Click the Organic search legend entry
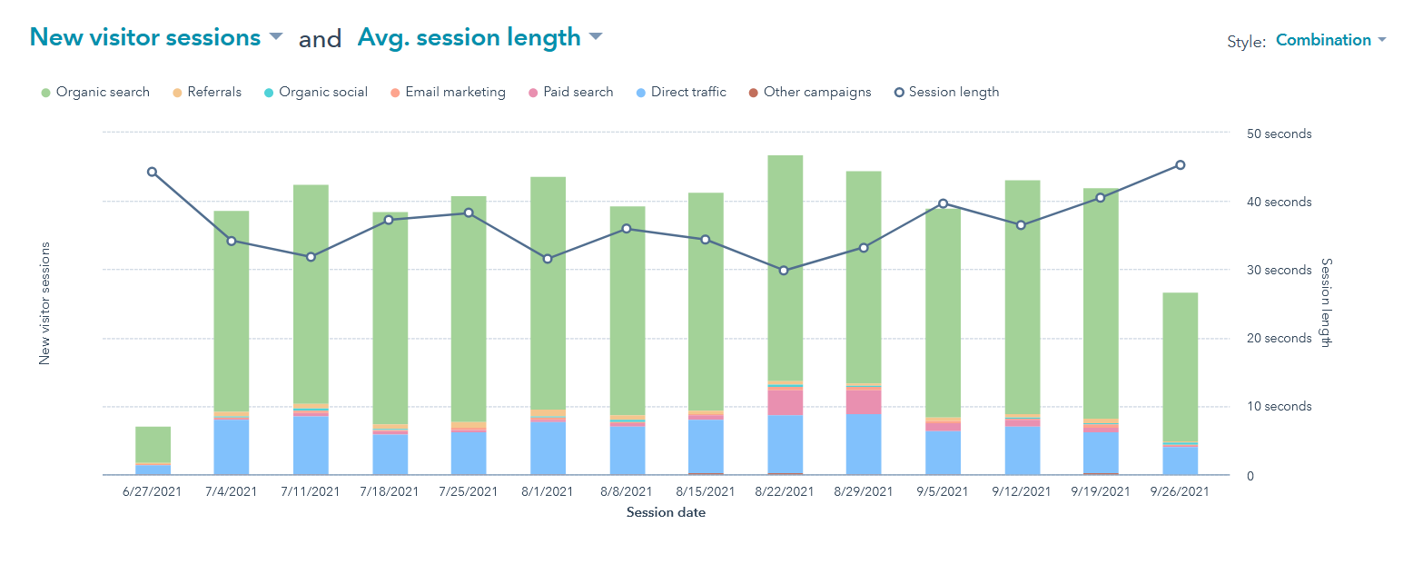(x=95, y=92)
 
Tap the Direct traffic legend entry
(x=681, y=92)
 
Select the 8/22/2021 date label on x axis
(x=785, y=491)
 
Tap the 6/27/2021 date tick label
(x=153, y=491)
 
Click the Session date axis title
(x=666, y=512)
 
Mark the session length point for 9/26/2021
(x=1180, y=165)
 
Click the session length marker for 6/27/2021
(x=152, y=172)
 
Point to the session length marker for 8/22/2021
(x=785, y=271)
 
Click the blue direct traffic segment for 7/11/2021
(x=311, y=445)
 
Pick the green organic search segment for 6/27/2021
(x=153, y=444)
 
